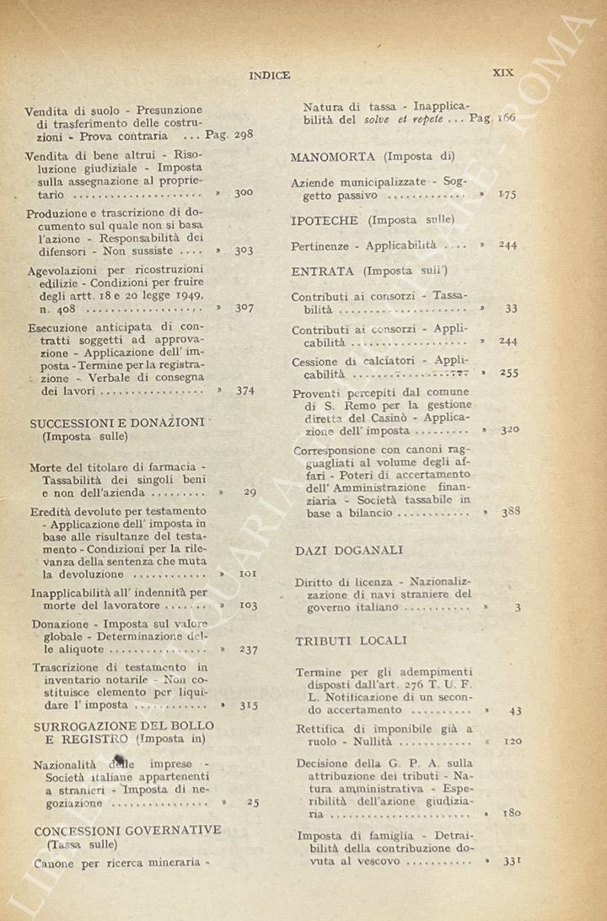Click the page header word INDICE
[x=270, y=75]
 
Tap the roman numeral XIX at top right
[x=502, y=73]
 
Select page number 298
[x=243, y=134]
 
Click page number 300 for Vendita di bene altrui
[x=244, y=192]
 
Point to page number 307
[x=244, y=308]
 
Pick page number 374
[x=244, y=390]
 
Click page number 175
[x=507, y=194]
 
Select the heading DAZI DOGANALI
[x=348, y=550]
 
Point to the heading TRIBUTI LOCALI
[x=351, y=641]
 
